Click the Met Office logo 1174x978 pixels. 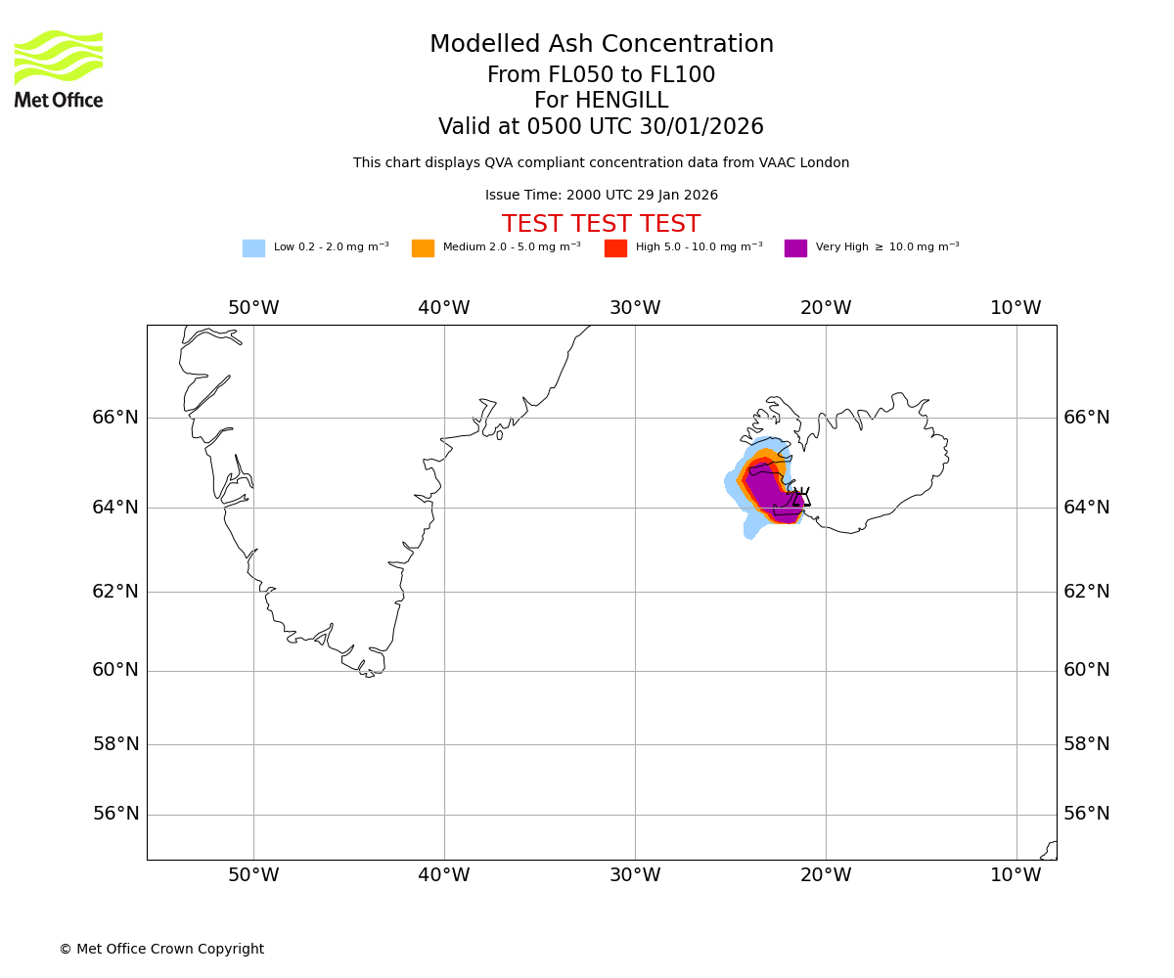click(59, 68)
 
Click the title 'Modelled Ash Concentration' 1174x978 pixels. click(602, 45)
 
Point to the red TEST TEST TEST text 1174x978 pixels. click(601, 225)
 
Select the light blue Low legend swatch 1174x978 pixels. click(253, 248)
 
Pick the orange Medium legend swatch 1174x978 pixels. click(423, 248)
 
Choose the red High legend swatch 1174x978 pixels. click(615, 248)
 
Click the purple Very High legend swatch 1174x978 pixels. click(795, 248)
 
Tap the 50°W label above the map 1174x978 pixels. click(253, 308)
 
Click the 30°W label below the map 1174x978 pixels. click(635, 875)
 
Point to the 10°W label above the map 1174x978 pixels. click(1016, 308)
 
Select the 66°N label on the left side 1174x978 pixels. click(115, 418)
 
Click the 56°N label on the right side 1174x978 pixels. click(1087, 814)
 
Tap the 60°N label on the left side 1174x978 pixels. click(115, 670)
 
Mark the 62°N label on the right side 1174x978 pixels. click(1087, 591)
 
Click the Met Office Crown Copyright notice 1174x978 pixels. click(161, 950)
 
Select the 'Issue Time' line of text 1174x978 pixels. click(601, 196)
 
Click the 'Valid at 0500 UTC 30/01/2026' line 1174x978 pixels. click(601, 127)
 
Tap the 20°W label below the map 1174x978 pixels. click(826, 875)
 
